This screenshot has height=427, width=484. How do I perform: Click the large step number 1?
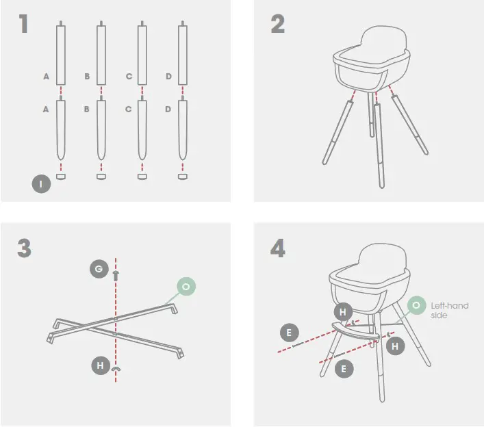pyautogui.click(x=24, y=24)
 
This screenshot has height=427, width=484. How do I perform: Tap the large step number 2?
pyautogui.click(x=278, y=24)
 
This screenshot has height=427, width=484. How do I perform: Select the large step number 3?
pyautogui.click(x=25, y=248)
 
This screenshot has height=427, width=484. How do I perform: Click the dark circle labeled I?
pyautogui.click(x=40, y=183)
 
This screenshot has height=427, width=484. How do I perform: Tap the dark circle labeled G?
pyautogui.click(x=99, y=270)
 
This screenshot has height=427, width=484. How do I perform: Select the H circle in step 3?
pyautogui.click(x=101, y=366)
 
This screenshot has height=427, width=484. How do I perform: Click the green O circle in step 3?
pyautogui.click(x=186, y=286)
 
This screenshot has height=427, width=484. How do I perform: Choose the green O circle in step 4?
pyautogui.click(x=416, y=305)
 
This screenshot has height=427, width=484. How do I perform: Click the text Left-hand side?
pyautogui.click(x=449, y=311)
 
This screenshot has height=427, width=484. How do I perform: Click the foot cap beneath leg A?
pyautogui.click(x=61, y=177)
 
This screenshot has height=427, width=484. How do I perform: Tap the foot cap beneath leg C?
pyautogui.click(x=142, y=177)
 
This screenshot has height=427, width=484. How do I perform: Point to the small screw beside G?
pyautogui.click(x=116, y=274)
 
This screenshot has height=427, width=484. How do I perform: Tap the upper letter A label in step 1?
pyautogui.click(x=46, y=77)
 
